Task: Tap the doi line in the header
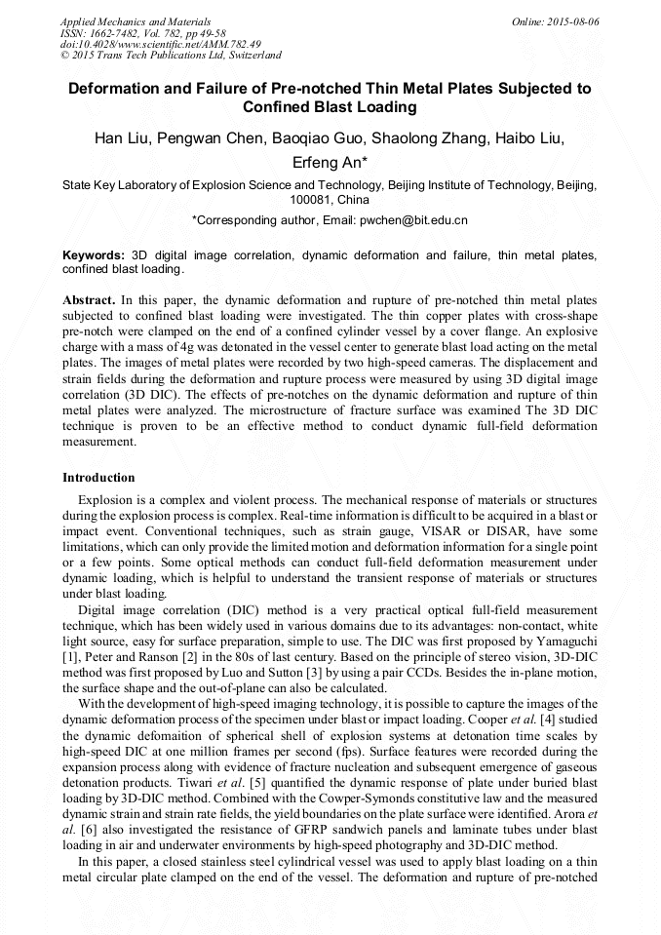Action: [160, 44]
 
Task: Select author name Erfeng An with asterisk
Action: [330, 162]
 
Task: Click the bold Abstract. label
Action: [89, 300]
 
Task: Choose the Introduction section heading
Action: [98, 478]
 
